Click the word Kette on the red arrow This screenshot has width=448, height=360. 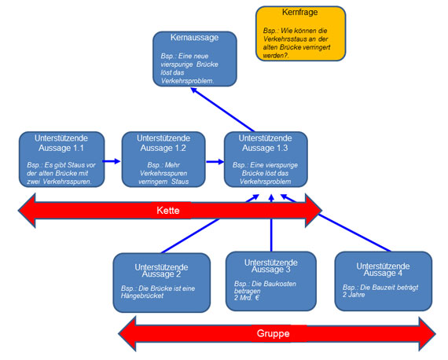[169, 211]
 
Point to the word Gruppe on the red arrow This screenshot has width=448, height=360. [272, 332]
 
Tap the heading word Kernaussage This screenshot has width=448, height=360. [195, 37]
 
